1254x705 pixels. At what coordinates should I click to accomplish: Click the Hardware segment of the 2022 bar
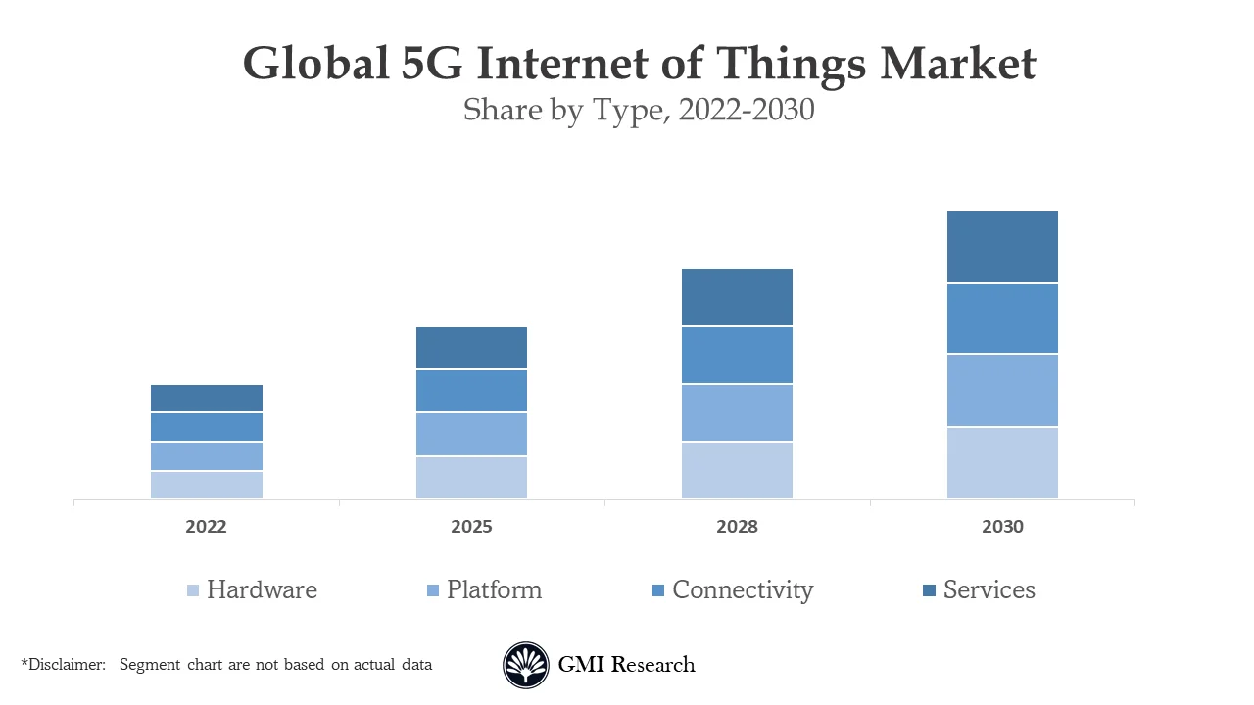(207, 486)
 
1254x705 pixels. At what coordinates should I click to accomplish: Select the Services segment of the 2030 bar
(1002, 247)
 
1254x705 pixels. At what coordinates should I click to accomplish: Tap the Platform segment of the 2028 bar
(737, 413)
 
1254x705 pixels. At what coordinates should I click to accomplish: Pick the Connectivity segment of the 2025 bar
(471, 391)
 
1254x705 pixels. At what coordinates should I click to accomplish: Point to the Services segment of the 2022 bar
(207, 399)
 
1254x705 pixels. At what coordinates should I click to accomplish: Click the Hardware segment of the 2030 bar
(1002, 463)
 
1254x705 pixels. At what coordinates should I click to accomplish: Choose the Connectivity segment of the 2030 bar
(1002, 319)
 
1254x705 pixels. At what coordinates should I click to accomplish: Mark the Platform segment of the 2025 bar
(471, 435)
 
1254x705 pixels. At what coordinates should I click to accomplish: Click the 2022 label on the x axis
(206, 527)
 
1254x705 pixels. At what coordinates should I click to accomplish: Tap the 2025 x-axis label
(471, 527)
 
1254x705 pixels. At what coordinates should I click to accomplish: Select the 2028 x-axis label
(737, 527)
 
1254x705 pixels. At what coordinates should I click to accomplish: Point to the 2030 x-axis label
(1002, 527)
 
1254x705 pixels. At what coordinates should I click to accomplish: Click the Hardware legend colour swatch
(193, 590)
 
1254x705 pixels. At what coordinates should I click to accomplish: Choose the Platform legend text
(494, 590)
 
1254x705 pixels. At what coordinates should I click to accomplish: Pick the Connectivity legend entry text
(743, 590)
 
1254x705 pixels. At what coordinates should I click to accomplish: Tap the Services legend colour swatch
(930, 590)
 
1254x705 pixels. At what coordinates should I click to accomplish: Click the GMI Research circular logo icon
(526, 666)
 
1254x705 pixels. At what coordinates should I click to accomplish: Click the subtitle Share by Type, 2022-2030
(639, 110)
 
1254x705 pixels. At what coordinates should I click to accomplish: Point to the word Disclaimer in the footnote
(67, 665)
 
